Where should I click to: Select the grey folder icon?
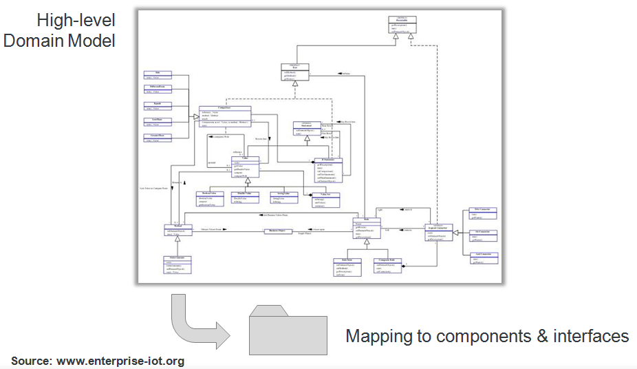click(x=287, y=330)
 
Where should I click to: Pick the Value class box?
click(x=245, y=166)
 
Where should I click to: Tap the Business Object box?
click(x=279, y=231)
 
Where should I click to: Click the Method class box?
click(x=177, y=231)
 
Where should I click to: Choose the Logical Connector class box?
click(x=438, y=233)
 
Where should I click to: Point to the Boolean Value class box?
click(x=206, y=198)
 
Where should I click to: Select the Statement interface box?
click(x=307, y=127)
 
